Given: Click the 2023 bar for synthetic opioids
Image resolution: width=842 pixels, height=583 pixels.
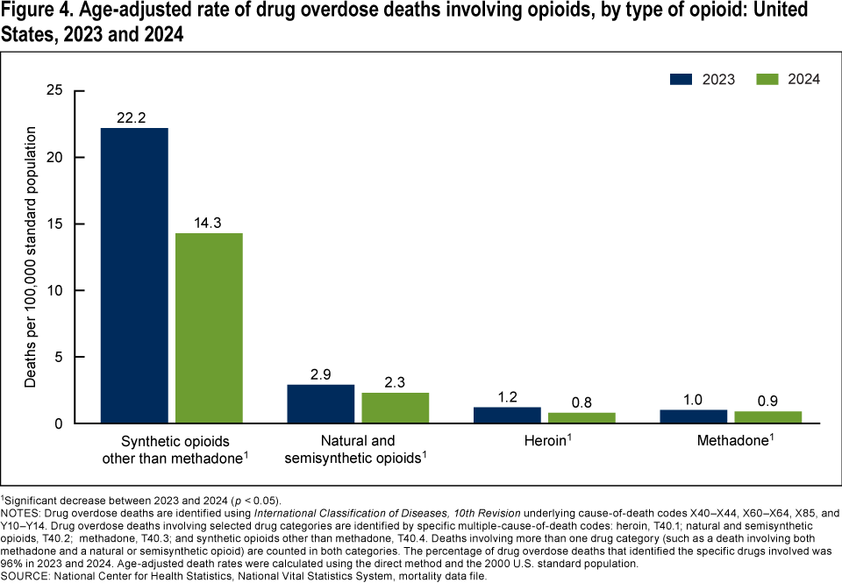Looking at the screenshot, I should (134, 275).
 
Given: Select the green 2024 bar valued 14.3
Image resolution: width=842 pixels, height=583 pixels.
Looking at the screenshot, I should (209, 328).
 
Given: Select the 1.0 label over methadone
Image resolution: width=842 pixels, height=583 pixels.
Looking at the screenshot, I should (692, 400).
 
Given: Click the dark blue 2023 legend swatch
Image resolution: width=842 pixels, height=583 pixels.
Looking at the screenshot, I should (682, 78).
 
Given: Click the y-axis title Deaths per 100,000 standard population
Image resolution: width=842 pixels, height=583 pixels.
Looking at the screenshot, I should (31, 257).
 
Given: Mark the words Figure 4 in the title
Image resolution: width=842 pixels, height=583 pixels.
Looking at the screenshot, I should (36, 12).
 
